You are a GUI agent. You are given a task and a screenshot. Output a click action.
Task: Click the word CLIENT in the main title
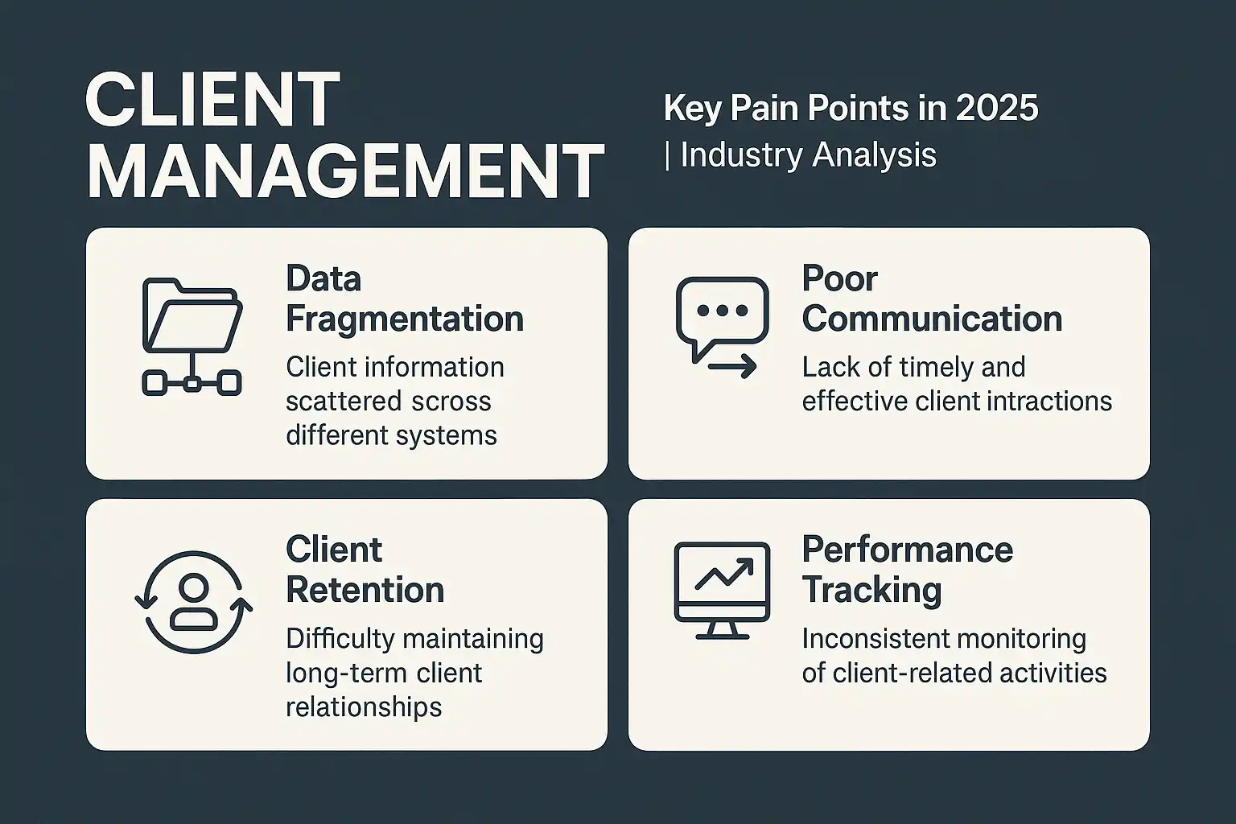(x=212, y=101)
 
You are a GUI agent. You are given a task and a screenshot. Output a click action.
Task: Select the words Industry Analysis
(x=809, y=155)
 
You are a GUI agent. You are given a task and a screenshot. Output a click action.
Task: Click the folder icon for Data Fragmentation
(x=192, y=315)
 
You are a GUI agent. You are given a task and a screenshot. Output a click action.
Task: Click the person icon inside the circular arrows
(x=194, y=602)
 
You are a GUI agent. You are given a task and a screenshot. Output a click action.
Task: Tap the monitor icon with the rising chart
(x=723, y=591)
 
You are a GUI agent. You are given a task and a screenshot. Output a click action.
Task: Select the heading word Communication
(x=932, y=319)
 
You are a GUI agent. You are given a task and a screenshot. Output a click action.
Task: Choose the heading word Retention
(x=365, y=590)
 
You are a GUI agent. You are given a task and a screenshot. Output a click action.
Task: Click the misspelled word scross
(x=451, y=402)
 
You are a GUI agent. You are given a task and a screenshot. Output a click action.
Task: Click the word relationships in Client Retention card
(x=364, y=707)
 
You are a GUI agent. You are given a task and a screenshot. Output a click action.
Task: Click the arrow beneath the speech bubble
(x=732, y=366)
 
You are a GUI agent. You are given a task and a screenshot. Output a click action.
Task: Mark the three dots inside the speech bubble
(x=723, y=310)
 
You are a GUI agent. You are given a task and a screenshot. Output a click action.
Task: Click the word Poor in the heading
(x=839, y=278)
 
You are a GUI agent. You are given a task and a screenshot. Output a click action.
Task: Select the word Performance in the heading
(x=908, y=550)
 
